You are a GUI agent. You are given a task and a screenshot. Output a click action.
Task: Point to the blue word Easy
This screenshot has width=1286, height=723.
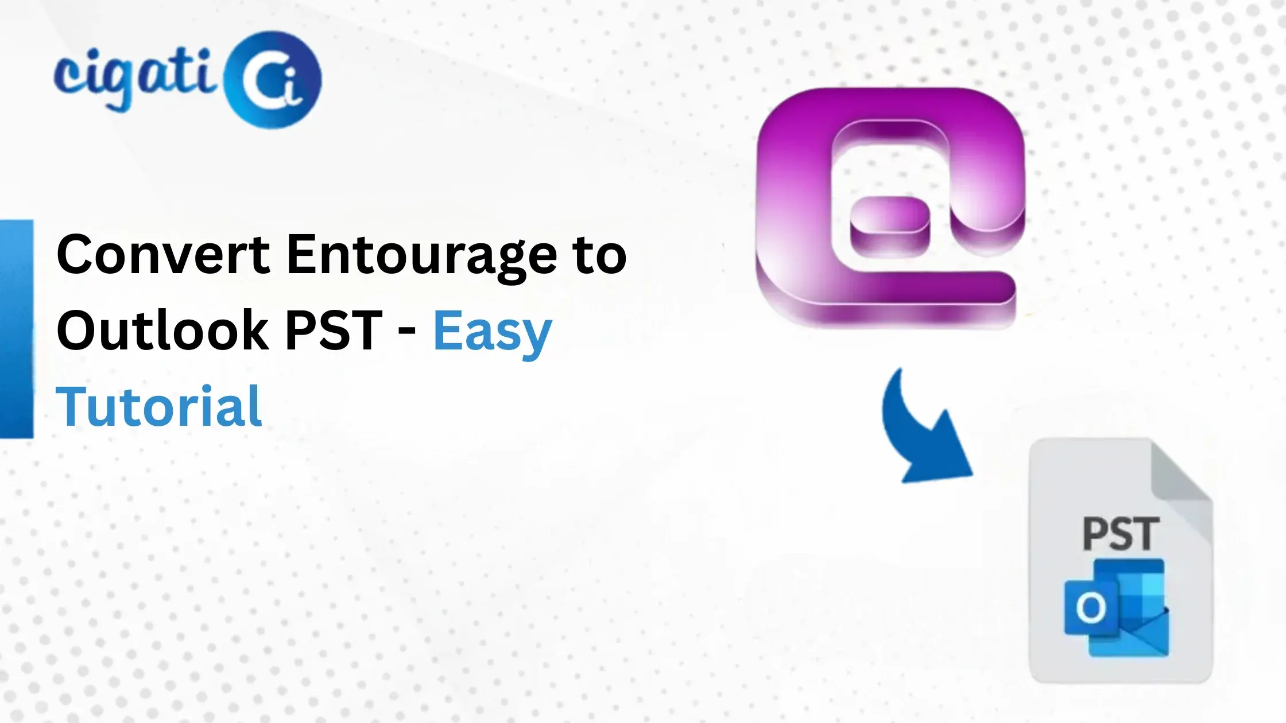pos(492,333)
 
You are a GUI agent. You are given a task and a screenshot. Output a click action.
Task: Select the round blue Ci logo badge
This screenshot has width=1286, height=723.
pos(272,80)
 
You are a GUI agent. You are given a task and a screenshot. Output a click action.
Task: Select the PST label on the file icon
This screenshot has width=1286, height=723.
pos(1121,534)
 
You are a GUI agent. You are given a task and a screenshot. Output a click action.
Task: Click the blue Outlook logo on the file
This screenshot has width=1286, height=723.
pos(1117,608)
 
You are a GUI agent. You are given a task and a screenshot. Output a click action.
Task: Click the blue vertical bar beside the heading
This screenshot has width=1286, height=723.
pos(17,329)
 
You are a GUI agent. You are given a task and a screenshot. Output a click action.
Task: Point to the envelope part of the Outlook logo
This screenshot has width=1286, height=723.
pos(1142,637)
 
